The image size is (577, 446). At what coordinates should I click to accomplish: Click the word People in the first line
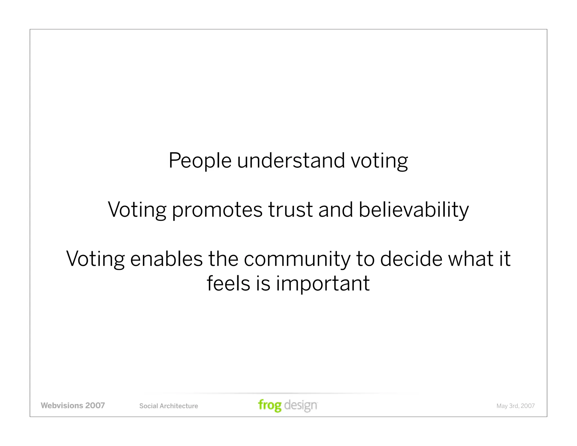coord(200,161)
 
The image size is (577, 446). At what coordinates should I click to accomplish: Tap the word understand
coord(291,161)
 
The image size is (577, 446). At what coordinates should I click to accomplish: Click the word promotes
coord(217,210)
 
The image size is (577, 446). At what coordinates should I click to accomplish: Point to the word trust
coord(290,210)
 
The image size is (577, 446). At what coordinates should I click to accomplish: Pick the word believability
coord(414,210)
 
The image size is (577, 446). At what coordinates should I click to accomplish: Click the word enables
coord(166,259)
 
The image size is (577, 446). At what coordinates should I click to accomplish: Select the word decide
coord(411,259)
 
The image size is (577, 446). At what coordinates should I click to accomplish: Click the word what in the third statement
coord(471,259)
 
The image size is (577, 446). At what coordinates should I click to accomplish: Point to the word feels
coord(228,283)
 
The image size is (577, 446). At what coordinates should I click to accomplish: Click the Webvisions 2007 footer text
coord(73,406)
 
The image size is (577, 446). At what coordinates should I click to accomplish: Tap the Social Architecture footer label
coord(168,406)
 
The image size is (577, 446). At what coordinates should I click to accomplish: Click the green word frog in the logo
coord(270,406)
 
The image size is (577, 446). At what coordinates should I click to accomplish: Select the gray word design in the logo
coord(301,406)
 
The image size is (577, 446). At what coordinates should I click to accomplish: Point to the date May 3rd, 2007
coord(515,406)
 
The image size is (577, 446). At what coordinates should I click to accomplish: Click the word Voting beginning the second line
coord(137,210)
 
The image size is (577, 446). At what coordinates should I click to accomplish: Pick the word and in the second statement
coord(336,210)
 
